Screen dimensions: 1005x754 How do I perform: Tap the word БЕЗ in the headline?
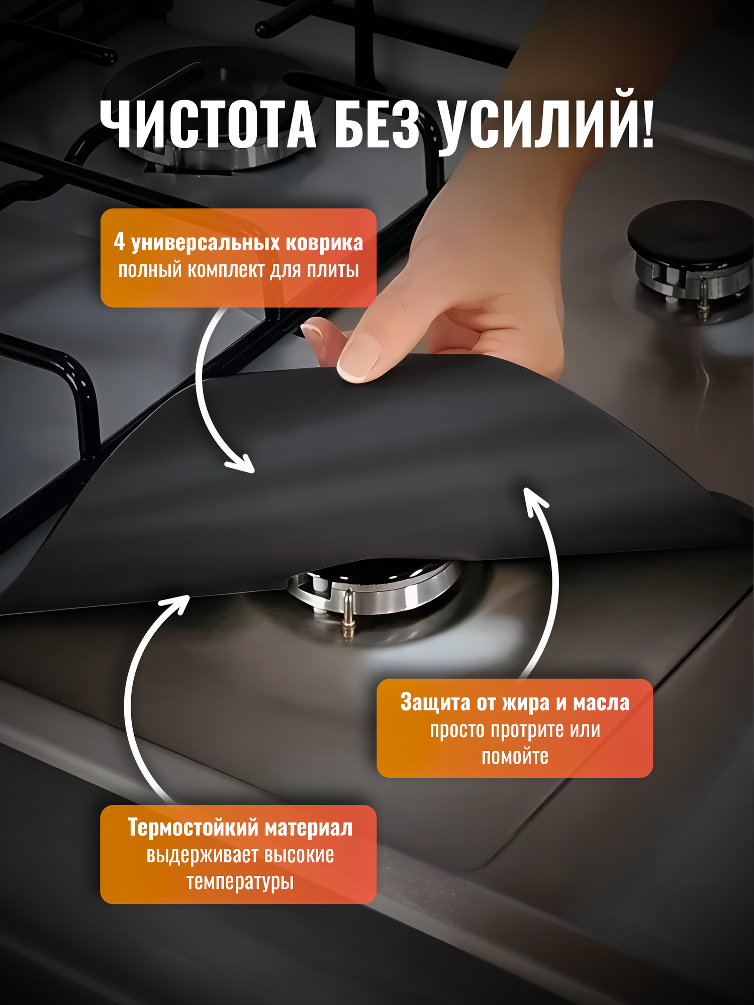(377, 124)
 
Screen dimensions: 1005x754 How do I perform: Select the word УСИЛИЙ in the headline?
(533, 124)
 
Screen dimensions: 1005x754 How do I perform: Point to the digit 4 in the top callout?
(119, 242)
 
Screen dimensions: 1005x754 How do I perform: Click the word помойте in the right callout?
(515, 757)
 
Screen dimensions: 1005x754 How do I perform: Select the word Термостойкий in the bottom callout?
(193, 828)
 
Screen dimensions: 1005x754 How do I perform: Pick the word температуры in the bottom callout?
(240, 882)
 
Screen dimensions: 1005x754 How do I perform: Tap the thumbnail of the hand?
(358, 358)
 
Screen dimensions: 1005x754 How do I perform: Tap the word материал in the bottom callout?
(309, 828)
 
